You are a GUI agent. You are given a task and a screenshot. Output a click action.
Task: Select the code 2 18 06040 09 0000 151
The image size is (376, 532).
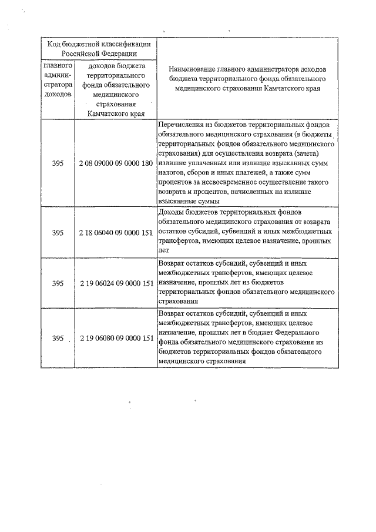click(116, 232)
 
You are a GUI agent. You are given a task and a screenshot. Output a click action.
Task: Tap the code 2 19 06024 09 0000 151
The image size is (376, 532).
click(116, 283)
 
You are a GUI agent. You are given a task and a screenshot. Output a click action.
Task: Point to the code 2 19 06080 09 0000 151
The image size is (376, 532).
click(116, 338)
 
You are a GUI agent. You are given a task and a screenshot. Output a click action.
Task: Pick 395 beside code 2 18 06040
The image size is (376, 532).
click(58, 232)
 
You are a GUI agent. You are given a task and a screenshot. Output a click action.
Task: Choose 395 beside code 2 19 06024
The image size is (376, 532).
click(58, 283)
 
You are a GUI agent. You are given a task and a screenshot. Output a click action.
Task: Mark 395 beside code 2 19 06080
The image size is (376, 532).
click(58, 338)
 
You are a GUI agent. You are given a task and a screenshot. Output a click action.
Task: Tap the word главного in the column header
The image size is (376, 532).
click(58, 68)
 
